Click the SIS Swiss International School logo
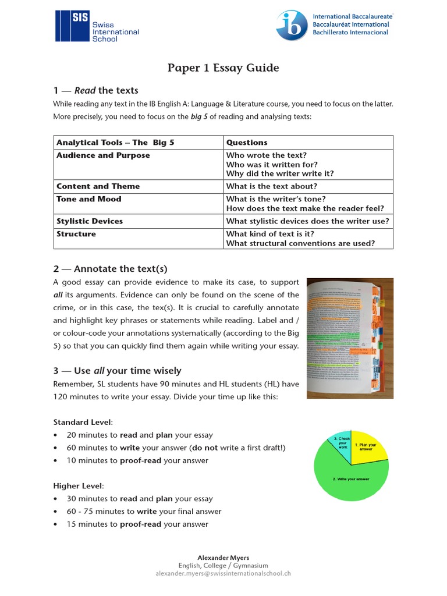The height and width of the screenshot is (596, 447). (x=97, y=26)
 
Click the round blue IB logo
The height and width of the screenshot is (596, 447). (x=293, y=26)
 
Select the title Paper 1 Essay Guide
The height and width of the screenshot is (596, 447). (x=223, y=68)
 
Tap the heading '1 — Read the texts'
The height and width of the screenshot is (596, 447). (x=96, y=90)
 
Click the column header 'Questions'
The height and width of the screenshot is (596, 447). (x=247, y=143)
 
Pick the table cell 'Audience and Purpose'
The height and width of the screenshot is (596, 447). (x=103, y=155)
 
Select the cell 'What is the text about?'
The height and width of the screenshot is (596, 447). (x=272, y=186)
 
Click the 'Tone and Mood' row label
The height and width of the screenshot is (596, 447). (x=89, y=199)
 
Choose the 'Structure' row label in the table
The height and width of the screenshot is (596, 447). (x=76, y=234)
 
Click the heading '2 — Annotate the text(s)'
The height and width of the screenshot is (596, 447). (x=111, y=268)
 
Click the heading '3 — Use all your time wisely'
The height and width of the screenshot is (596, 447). (x=118, y=371)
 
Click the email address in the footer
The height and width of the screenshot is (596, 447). (x=223, y=573)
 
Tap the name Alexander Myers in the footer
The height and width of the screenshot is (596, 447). (x=223, y=558)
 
